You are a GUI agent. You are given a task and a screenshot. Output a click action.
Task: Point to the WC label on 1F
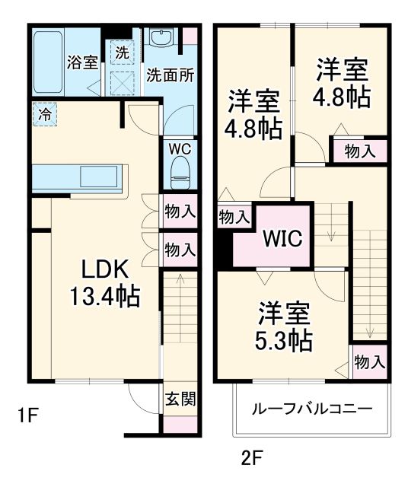click(180, 147)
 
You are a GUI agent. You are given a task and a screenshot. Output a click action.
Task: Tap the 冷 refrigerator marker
click(44, 116)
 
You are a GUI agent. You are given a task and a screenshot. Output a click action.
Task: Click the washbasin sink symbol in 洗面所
click(161, 39)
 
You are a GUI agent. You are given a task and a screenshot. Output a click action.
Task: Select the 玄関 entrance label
click(180, 399)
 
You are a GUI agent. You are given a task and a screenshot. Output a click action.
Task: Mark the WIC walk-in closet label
click(282, 238)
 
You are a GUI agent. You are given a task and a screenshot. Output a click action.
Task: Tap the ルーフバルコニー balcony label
click(313, 408)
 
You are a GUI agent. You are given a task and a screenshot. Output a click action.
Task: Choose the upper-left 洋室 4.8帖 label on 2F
click(252, 113)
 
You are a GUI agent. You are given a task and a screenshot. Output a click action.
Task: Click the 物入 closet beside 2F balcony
click(370, 362)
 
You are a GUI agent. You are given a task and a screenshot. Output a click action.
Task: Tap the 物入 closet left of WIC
click(234, 217)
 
